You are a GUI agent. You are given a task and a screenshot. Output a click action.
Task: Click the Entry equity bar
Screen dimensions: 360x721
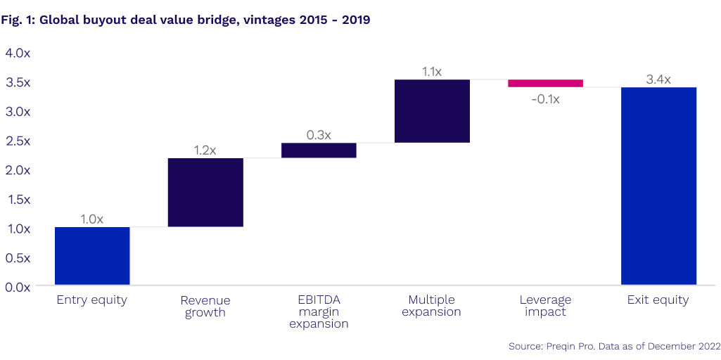tap(92, 257)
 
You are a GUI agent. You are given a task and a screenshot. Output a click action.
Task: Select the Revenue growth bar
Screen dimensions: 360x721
tap(205, 192)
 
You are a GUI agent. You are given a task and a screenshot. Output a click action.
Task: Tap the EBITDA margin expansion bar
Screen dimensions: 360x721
tap(319, 150)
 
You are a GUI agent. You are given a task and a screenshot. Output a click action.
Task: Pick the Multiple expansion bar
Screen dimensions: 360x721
tap(432, 111)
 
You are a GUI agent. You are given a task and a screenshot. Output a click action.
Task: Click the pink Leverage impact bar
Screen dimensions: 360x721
tap(545, 83)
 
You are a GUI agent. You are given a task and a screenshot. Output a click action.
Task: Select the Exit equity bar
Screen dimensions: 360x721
tap(658, 186)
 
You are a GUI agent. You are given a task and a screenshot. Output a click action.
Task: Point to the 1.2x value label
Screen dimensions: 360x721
tap(205, 150)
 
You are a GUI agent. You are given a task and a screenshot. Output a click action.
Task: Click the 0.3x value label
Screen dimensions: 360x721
tap(319, 134)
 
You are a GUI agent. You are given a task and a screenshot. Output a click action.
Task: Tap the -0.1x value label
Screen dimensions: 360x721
tap(545, 99)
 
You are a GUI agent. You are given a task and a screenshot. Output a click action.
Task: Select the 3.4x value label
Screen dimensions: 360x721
tap(658, 79)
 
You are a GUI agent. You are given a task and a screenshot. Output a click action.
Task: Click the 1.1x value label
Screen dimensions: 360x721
tap(432, 72)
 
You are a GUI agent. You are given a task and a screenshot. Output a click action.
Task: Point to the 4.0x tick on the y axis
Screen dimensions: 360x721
tap(18, 53)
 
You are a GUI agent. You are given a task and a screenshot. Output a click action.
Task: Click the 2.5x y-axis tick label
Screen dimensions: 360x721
tap(18, 141)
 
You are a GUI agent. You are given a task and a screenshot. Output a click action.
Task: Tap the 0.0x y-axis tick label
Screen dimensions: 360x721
tap(18, 287)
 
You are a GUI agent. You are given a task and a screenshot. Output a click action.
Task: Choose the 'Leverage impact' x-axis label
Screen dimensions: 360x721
tap(545, 306)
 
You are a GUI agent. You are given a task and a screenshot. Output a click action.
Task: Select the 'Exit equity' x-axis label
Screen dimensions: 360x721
tap(658, 300)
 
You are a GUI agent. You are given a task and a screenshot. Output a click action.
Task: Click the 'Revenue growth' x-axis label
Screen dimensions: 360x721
tap(205, 307)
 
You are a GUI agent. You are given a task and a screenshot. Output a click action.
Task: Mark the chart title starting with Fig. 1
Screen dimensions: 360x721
tap(186, 20)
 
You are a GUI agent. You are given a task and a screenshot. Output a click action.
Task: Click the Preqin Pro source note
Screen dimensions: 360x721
tap(614, 347)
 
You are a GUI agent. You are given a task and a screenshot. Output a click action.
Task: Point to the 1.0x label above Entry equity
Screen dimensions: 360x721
tap(92, 219)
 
